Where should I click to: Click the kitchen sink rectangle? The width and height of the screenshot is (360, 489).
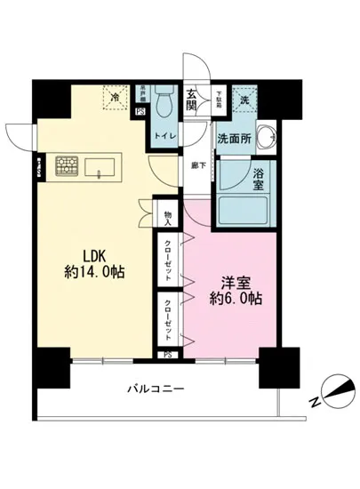pos(100,165)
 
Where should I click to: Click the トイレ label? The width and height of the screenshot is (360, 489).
pos(165,135)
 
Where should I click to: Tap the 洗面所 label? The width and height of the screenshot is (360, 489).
pos(236,139)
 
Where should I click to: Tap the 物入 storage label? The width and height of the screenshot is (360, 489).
pos(168,217)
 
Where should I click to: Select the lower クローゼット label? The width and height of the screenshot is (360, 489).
pos(168,319)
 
